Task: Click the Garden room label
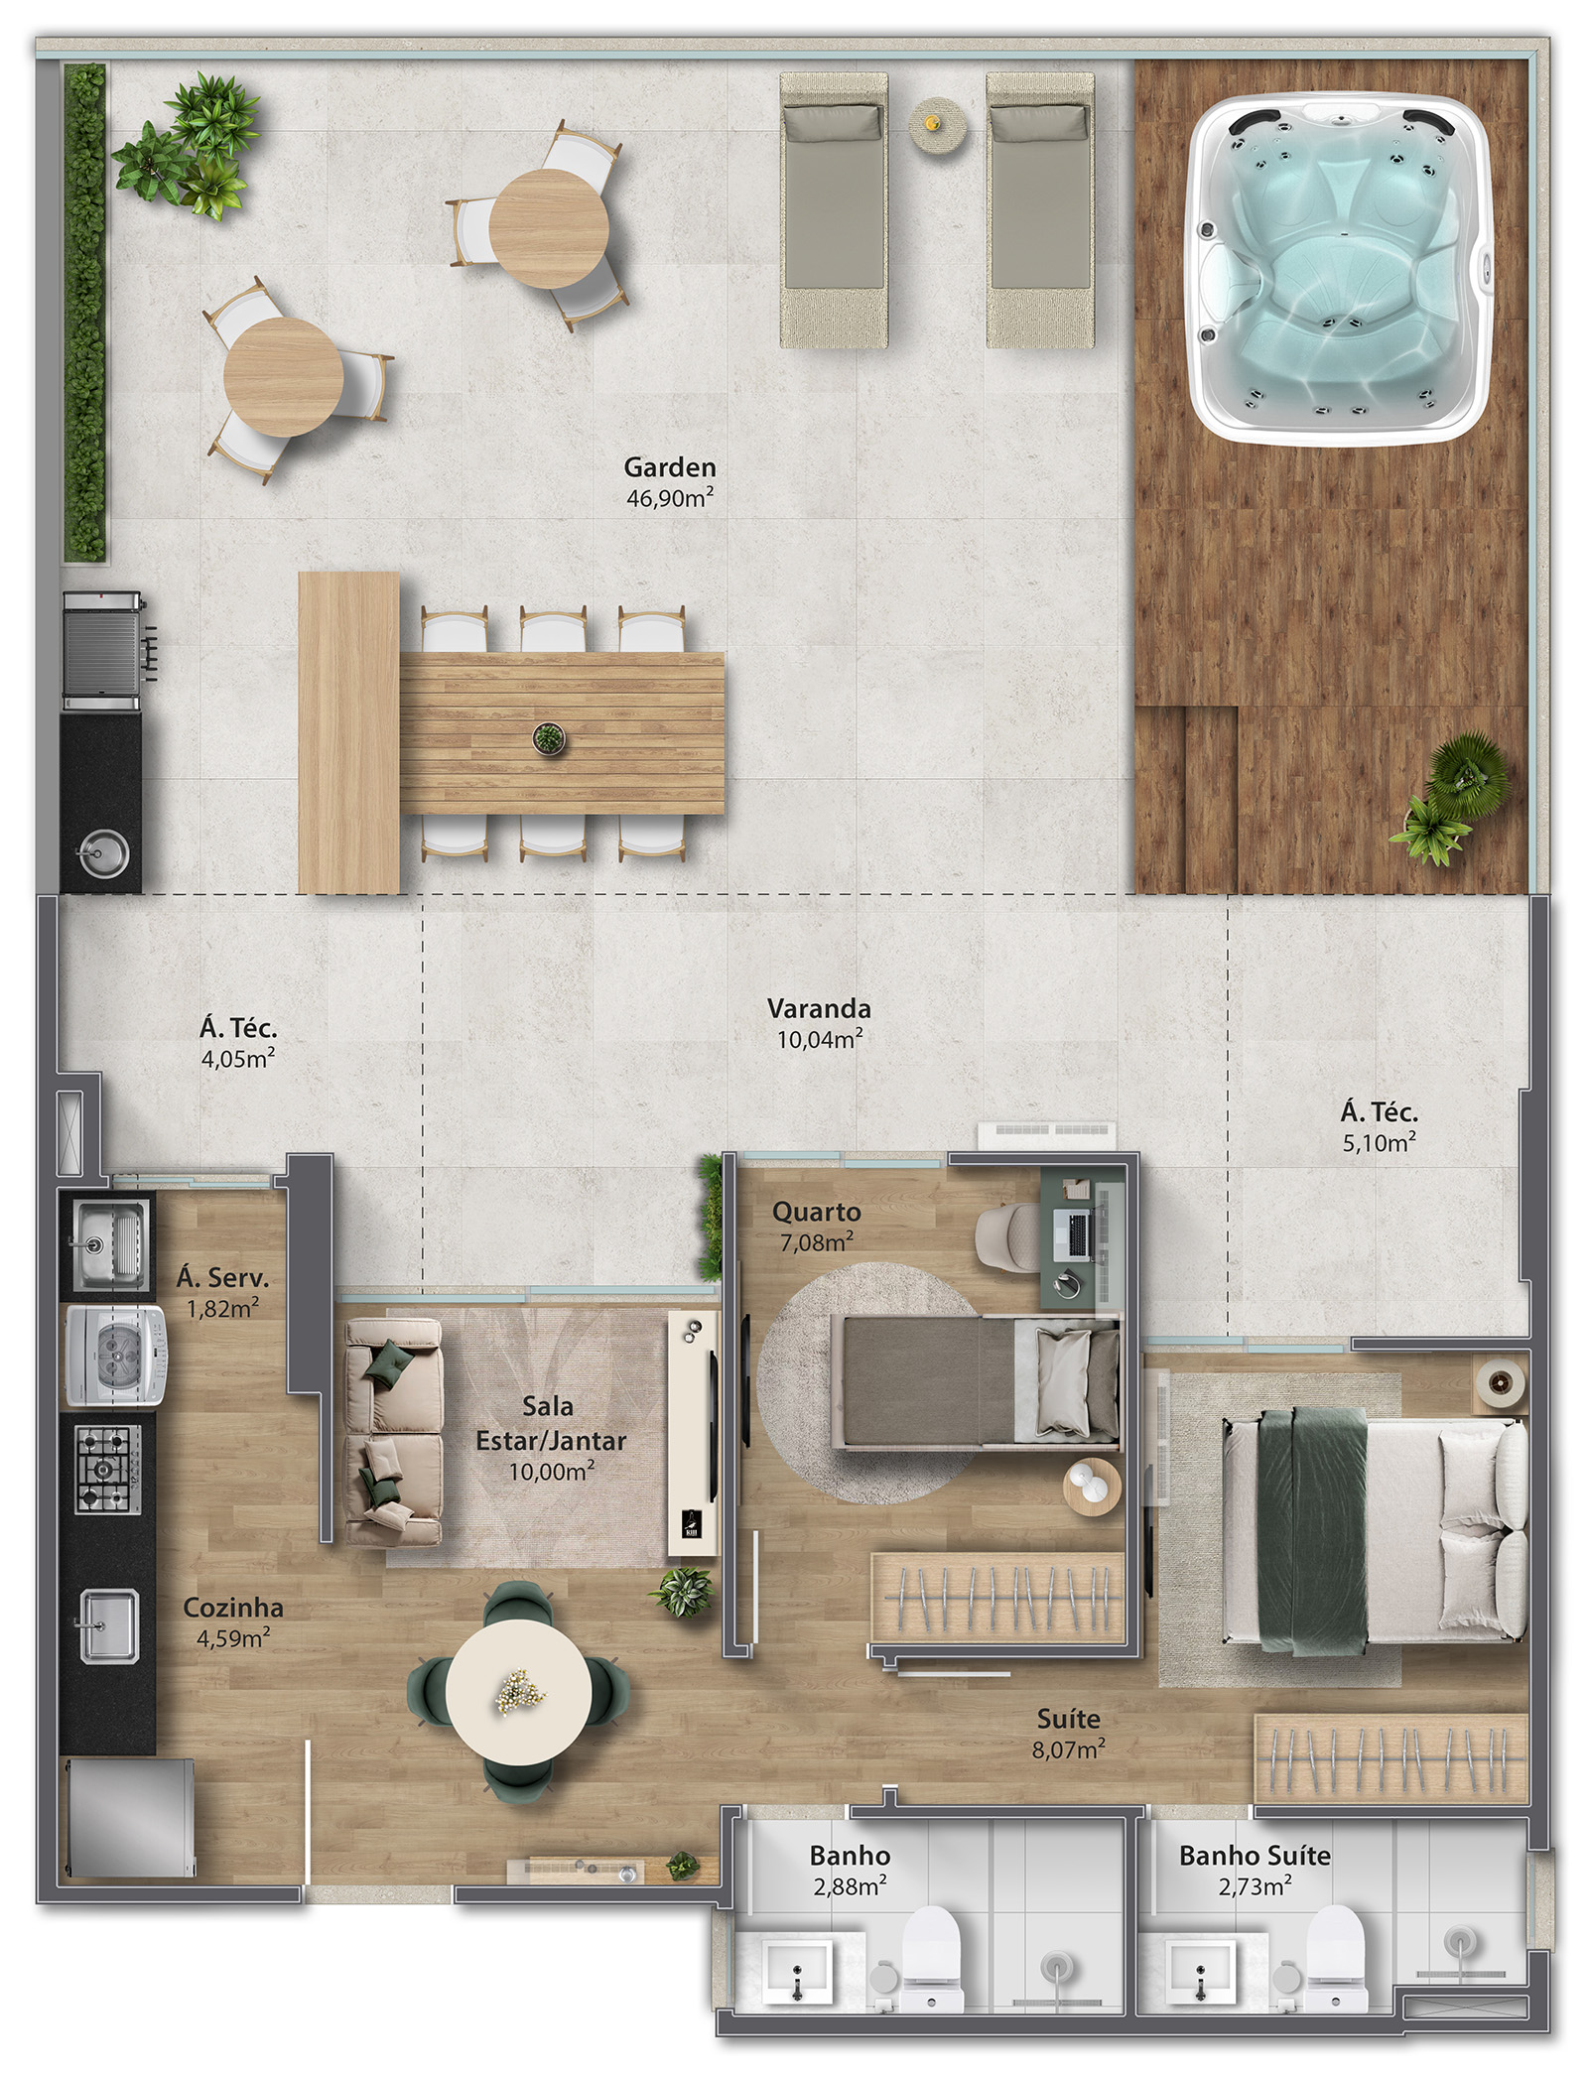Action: point(670,466)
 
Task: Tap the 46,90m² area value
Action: point(670,498)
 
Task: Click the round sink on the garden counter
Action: point(104,852)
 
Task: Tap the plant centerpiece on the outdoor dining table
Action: point(547,738)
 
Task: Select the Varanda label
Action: point(819,1009)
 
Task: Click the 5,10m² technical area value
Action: point(1379,1143)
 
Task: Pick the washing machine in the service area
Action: point(117,1355)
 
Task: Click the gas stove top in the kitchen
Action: point(108,1469)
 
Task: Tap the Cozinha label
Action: point(233,1608)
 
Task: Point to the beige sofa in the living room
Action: point(393,1430)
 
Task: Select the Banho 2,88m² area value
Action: point(850,1886)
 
